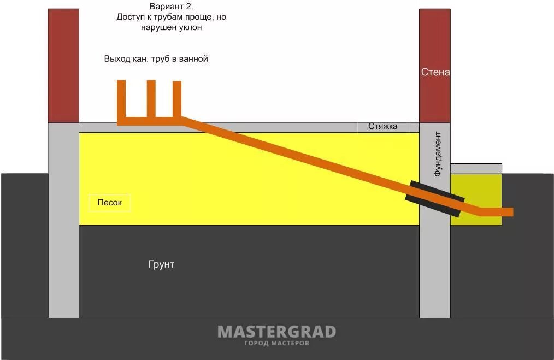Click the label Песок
coord(110,203)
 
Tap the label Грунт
coord(161,264)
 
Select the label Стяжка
coord(382,127)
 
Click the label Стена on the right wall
coord(435,72)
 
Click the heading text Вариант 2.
coord(171,7)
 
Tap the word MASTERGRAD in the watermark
coord(276,332)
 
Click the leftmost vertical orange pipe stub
coord(121,99)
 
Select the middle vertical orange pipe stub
coord(151,98)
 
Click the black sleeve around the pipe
coord(435,198)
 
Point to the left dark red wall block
coord(63,66)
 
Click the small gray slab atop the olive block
coord(475,168)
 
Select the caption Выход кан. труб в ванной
coord(156,58)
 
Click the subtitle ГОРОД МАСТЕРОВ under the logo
coord(276,343)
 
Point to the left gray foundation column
coord(63,219)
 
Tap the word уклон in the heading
coord(190,27)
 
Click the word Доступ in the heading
coord(131,17)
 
